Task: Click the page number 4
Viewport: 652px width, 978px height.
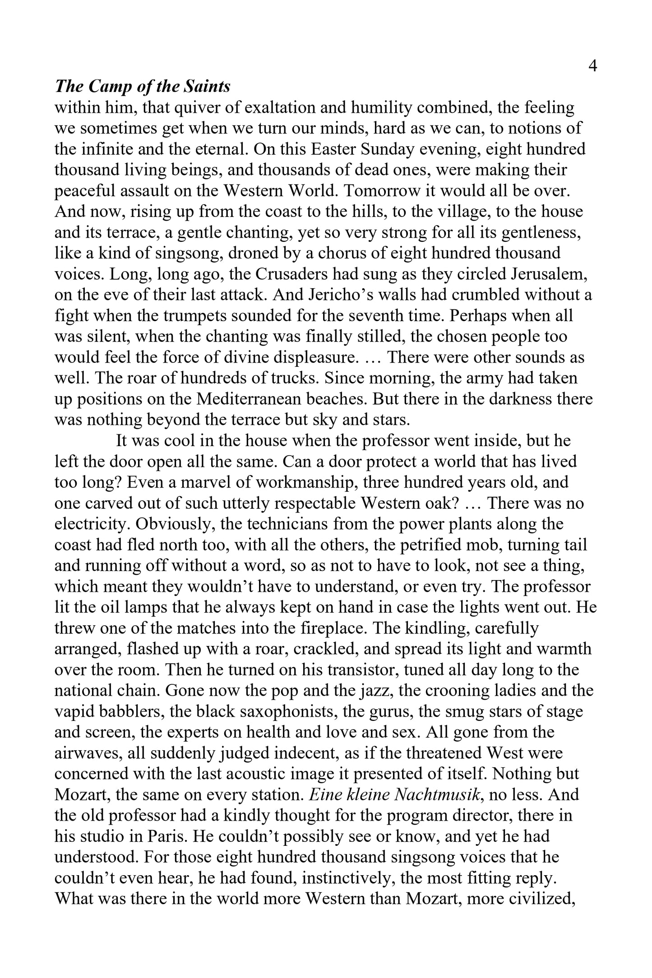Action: pos(593,66)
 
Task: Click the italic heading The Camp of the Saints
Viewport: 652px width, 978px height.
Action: pos(143,86)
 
